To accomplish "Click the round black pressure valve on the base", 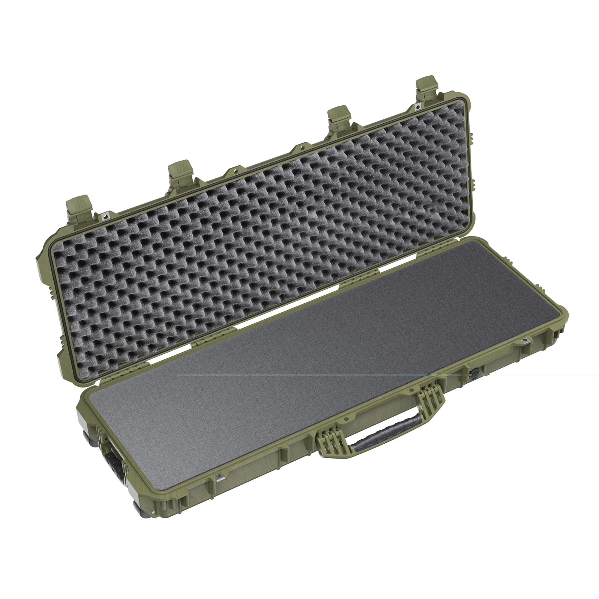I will coord(474,374).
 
